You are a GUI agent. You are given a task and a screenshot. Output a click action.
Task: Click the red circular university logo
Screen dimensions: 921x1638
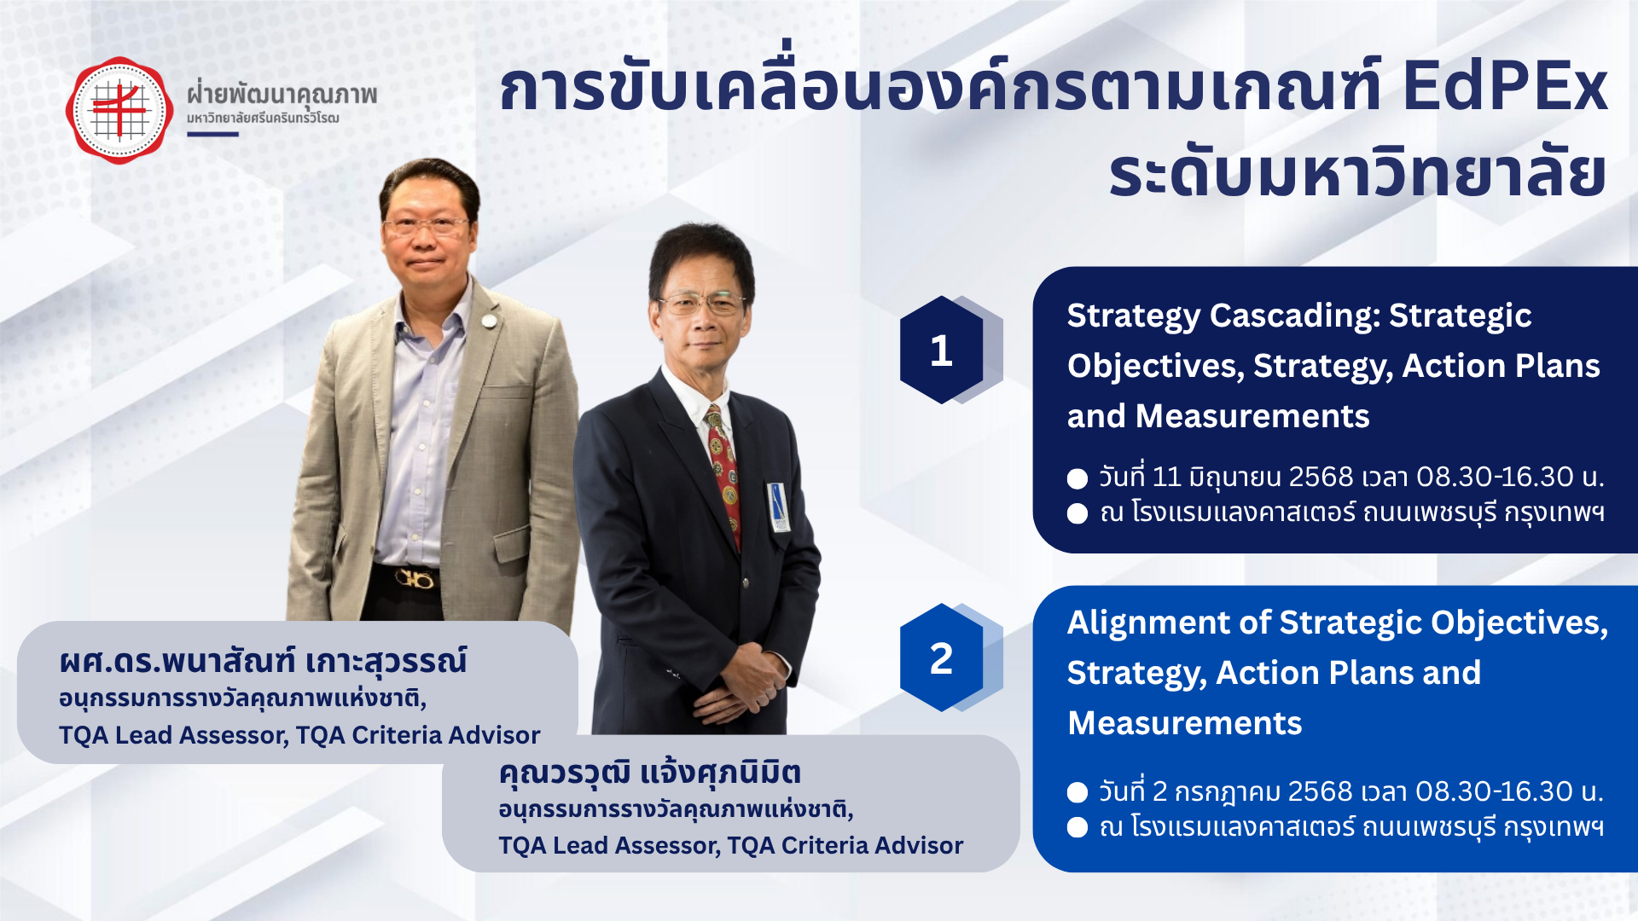[119, 110]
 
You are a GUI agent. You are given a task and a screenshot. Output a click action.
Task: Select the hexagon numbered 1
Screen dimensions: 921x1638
[942, 350]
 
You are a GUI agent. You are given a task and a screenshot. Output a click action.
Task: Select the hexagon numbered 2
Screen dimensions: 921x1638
[942, 657]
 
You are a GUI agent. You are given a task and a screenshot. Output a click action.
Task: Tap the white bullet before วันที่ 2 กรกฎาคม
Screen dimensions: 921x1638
[1077, 792]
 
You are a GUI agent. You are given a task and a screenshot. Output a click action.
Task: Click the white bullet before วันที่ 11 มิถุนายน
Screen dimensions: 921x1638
[1077, 478]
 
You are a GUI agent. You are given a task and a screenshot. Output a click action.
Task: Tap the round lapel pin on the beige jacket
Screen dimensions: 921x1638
[489, 322]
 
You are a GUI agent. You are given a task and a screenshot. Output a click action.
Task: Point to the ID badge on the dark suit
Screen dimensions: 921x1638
[778, 506]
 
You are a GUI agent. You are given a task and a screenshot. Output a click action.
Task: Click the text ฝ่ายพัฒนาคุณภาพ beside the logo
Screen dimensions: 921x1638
[282, 93]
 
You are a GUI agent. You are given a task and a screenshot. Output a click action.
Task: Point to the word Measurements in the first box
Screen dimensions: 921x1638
[1252, 416]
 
